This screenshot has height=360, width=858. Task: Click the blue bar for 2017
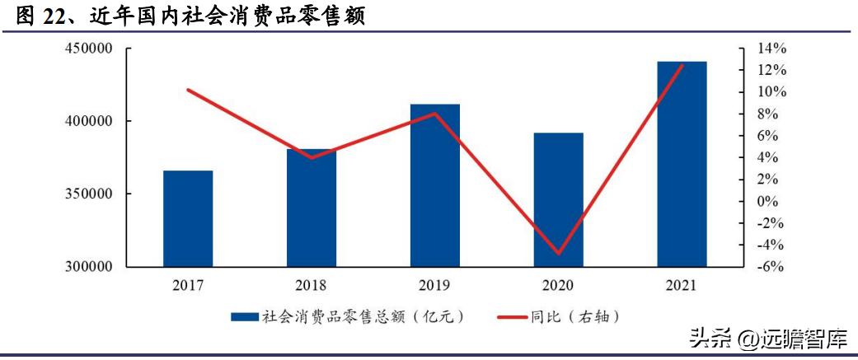click(188, 218)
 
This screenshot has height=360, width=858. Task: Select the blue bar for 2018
click(312, 208)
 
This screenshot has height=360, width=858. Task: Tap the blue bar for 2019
click(435, 185)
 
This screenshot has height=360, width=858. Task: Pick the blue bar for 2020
click(559, 199)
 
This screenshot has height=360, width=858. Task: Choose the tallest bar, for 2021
click(682, 164)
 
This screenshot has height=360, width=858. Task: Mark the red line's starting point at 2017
click(188, 90)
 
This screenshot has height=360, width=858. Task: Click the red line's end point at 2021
click(682, 64)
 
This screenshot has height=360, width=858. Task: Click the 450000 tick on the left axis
click(88, 49)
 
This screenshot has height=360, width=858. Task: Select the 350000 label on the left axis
click(88, 194)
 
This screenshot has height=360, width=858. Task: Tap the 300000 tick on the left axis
click(88, 267)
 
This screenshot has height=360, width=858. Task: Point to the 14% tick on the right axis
click(773, 49)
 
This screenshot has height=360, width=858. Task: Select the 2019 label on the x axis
click(435, 286)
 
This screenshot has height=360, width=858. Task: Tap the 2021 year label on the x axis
click(682, 286)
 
